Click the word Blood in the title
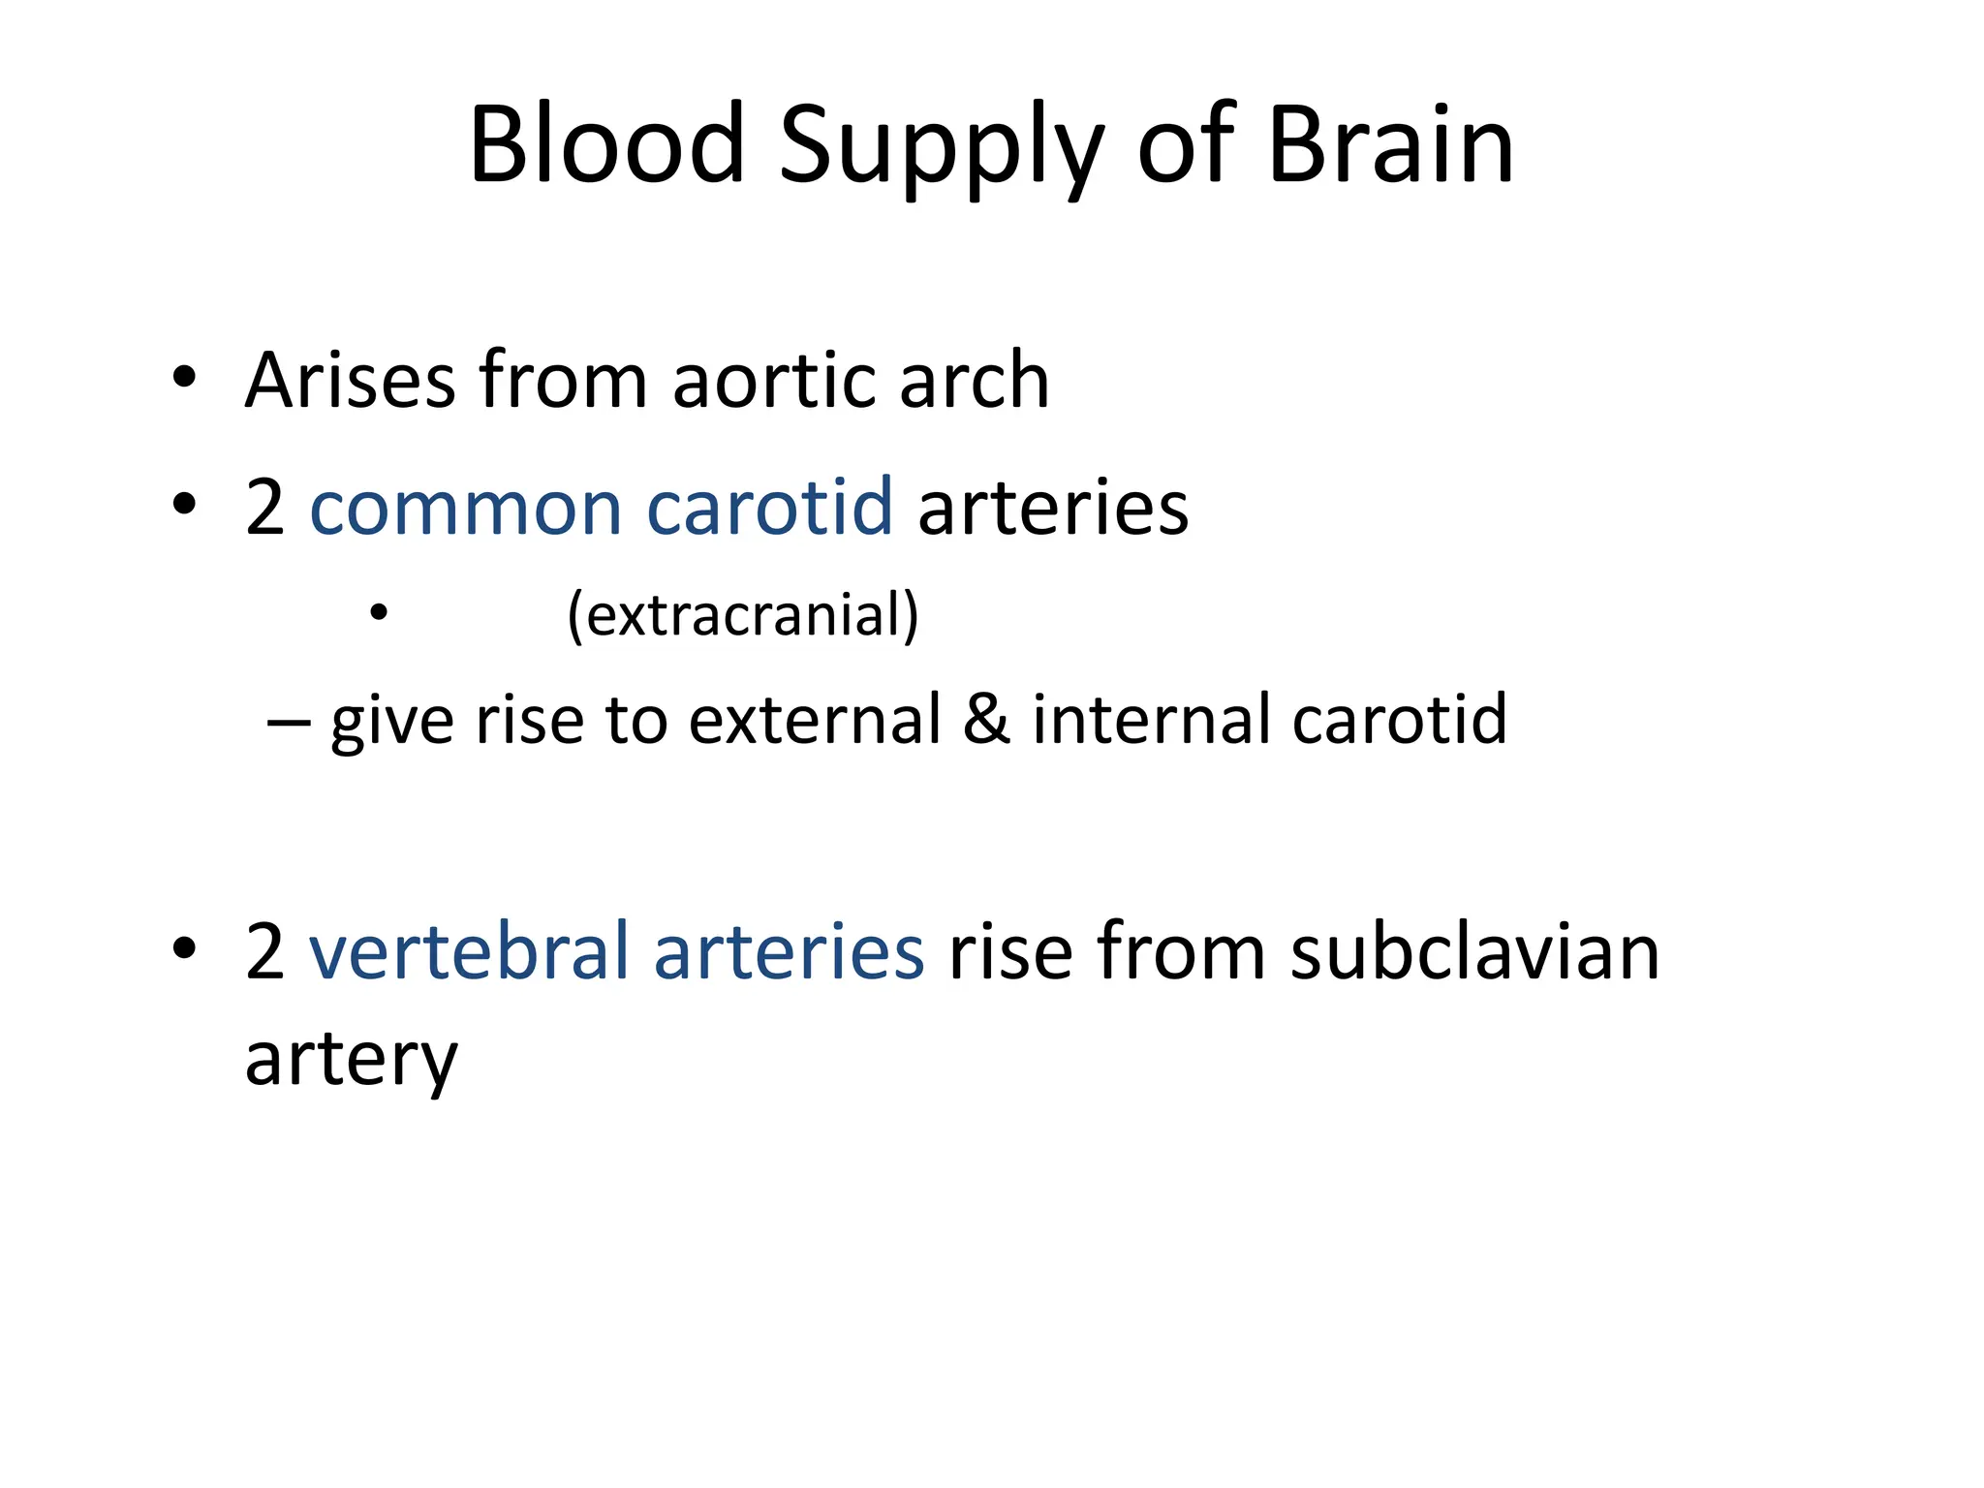[606, 145]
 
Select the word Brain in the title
[1390, 145]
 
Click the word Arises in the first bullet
[350, 380]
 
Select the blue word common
[465, 508]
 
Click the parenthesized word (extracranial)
[743, 614]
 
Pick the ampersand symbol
[986, 719]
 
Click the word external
[815, 719]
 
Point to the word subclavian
[1474, 951]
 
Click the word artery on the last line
[351, 1060]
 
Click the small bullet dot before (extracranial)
[379, 613]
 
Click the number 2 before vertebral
[264, 951]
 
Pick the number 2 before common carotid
[264, 508]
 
